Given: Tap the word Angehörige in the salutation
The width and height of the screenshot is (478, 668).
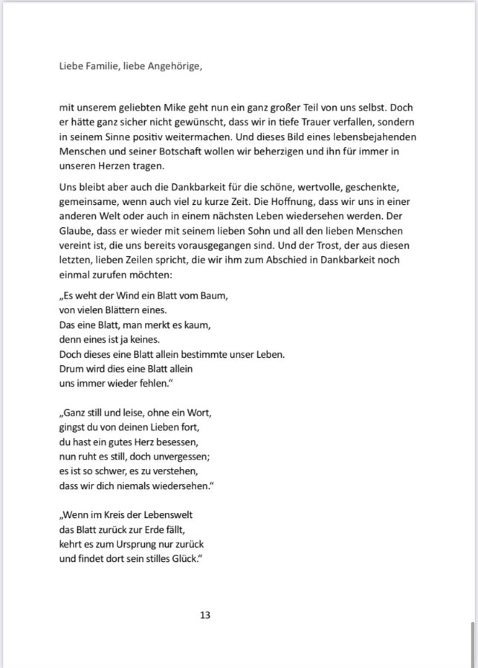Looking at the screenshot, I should point(174,66).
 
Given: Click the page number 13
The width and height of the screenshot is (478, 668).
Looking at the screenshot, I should point(206,615).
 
